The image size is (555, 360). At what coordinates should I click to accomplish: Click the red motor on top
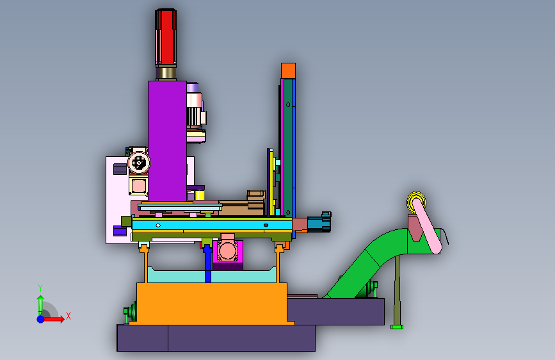[x=166, y=37]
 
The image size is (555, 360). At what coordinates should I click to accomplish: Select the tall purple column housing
[x=168, y=141]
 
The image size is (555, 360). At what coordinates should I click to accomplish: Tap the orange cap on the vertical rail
[x=288, y=71]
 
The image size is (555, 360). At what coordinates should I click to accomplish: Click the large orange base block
[x=212, y=303]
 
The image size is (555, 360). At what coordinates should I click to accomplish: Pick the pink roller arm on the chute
[x=427, y=226]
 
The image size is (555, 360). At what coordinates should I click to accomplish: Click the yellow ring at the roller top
[x=416, y=202]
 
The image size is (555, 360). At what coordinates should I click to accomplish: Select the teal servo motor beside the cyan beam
[x=319, y=222]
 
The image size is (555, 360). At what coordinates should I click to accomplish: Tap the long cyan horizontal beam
[x=212, y=225]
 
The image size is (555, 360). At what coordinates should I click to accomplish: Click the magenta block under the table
[x=228, y=252]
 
